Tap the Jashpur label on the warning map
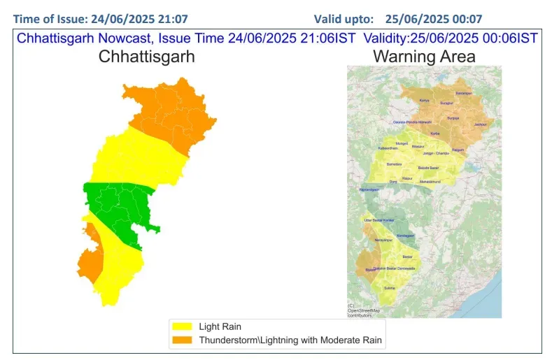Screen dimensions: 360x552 [480, 124]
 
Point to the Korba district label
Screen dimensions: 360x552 [434, 134]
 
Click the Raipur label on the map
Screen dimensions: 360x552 [406, 178]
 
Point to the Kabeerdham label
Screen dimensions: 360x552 [388, 148]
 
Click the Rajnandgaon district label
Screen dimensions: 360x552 [369, 190]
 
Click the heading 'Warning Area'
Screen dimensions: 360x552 [424, 57]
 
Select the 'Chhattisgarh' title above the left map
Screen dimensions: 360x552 [146, 57]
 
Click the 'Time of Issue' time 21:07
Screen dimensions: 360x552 [173, 18]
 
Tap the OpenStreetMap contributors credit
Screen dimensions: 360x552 [364, 310]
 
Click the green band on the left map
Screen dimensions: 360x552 [119, 206]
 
